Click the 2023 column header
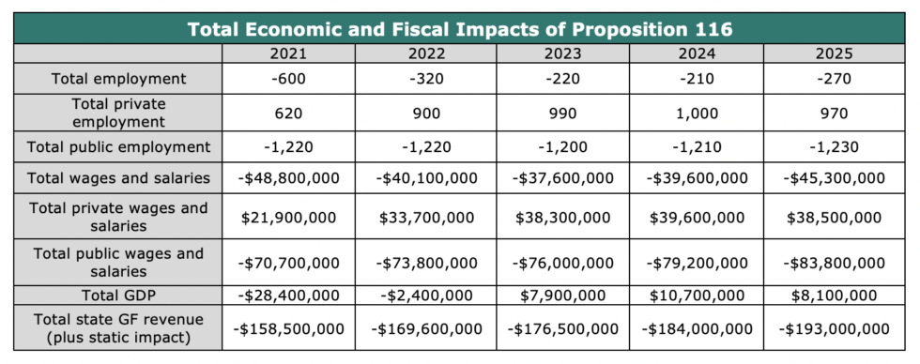pyautogui.click(x=562, y=53)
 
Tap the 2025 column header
pyautogui.click(x=834, y=53)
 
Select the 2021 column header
pyautogui.click(x=288, y=53)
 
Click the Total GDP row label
pyautogui.click(x=118, y=296)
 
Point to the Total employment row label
pyautogui.click(x=118, y=79)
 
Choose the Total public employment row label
pyautogui.click(x=118, y=146)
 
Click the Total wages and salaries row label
pyautogui.click(x=118, y=177)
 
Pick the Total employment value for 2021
pyautogui.click(x=288, y=79)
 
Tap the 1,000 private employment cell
pyautogui.click(x=697, y=114)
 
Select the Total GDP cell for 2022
pyautogui.click(x=426, y=296)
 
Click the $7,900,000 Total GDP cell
pyautogui.click(x=562, y=296)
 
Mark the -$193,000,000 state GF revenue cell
pyautogui.click(x=834, y=329)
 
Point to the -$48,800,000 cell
pyautogui.click(x=288, y=177)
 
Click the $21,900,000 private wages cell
pyautogui.click(x=288, y=218)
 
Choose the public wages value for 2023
pyautogui.click(x=562, y=264)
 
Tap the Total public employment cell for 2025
pyautogui.click(x=834, y=146)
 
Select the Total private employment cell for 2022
pyautogui.click(x=426, y=114)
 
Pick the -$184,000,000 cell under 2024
pyautogui.click(x=697, y=329)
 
